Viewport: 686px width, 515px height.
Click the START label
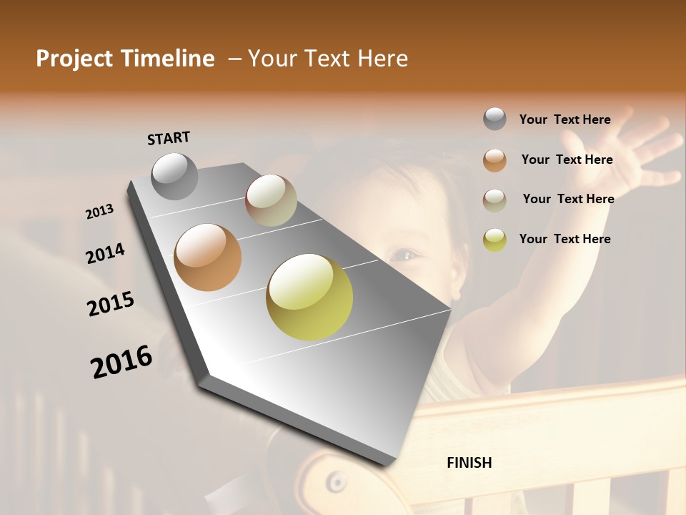pyautogui.click(x=169, y=138)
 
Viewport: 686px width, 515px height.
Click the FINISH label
pyautogui.click(x=469, y=463)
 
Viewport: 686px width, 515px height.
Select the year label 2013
pyautogui.click(x=100, y=212)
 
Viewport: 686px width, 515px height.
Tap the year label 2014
pyautogui.click(x=106, y=254)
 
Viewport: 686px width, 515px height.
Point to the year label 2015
pyautogui.click(x=111, y=304)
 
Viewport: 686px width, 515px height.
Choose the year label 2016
pyautogui.click(x=121, y=362)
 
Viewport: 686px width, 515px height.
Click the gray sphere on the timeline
pyautogui.click(x=174, y=176)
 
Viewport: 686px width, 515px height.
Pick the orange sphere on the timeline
pyautogui.click(x=207, y=257)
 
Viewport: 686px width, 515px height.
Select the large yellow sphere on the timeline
pyautogui.click(x=309, y=296)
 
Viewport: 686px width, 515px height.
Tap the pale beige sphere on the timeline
pyautogui.click(x=271, y=200)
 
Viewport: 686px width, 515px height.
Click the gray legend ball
pyautogui.click(x=494, y=119)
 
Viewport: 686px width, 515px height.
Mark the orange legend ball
pyautogui.click(x=494, y=160)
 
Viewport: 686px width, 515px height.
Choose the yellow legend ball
pyautogui.click(x=494, y=240)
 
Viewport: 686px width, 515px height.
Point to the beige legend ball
pyautogui.click(x=494, y=200)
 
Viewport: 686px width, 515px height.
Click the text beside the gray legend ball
pyautogui.click(x=565, y=120)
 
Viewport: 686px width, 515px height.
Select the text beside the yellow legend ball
pyautogui.click(x=565, y=239)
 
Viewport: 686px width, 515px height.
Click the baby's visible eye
pyautogui.click(x=405, y=254)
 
